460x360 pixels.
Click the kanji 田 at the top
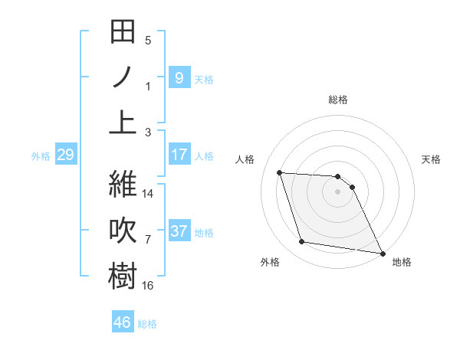(x=123, y=33)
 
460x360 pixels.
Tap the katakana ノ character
(x=123, y=77)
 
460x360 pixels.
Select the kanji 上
(x=123, y=122)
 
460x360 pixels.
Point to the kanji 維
(x=123, y=185)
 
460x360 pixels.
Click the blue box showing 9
(x=179, y=77)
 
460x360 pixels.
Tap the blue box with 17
(x=179, y=155)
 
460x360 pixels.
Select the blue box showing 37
(x=179, y=231)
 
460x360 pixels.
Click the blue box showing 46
(x=123, y=322)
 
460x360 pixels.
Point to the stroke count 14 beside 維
(x=148, y=194)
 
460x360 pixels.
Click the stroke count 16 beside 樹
(x=148, y=286)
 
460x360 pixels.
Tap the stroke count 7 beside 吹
(x=148, y=241)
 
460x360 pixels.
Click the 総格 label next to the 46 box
(x=147, y=324)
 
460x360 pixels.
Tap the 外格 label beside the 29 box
(x=41, y=156)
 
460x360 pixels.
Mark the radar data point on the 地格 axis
(x=382, y=252)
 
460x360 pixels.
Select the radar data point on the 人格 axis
(x=280, y=172)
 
